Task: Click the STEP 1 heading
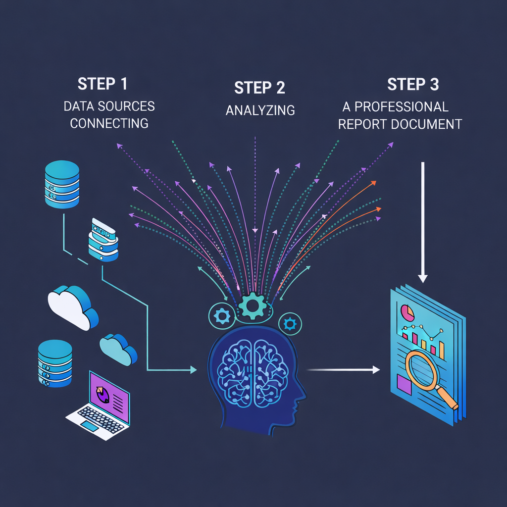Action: tap(102, 84)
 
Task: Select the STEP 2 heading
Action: tap(259, 88)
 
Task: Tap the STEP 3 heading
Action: tap(413, 84)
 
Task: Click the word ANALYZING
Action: tap(260, 110)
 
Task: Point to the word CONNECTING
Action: tap(109, 123)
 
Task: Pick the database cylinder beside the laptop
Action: tap(55, 363)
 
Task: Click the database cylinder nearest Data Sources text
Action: tap(62, 184)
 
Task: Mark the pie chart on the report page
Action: tap(407, 312)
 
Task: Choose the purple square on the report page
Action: tap(404, 384)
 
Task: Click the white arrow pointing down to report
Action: tap(422, 223)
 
